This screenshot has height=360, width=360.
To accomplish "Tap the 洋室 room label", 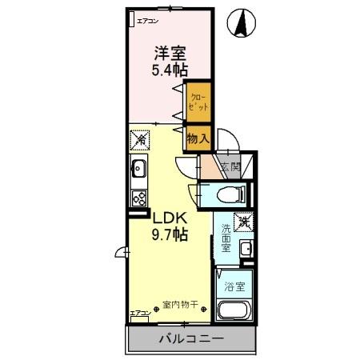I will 170,53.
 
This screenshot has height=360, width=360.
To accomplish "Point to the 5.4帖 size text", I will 170,69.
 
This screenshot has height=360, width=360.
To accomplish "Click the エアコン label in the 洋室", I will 147,20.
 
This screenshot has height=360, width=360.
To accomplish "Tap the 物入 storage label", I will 198,138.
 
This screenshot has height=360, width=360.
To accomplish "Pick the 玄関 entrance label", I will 230,167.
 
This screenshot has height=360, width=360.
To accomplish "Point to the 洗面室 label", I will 226,238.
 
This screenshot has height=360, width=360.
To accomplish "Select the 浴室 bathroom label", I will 234,286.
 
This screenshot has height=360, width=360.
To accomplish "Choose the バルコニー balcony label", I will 190,339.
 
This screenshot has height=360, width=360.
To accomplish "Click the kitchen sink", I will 138,170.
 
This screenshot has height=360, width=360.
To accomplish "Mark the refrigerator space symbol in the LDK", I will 138,138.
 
